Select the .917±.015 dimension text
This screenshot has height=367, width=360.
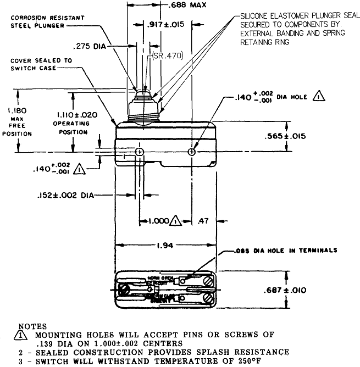click(x=166, y=24)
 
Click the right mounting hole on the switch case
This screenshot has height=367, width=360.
click(x=191, y=151)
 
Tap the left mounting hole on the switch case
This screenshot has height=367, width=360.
click(x=140, y=151)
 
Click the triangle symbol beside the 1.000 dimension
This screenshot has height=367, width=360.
click(x=175, y=221)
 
